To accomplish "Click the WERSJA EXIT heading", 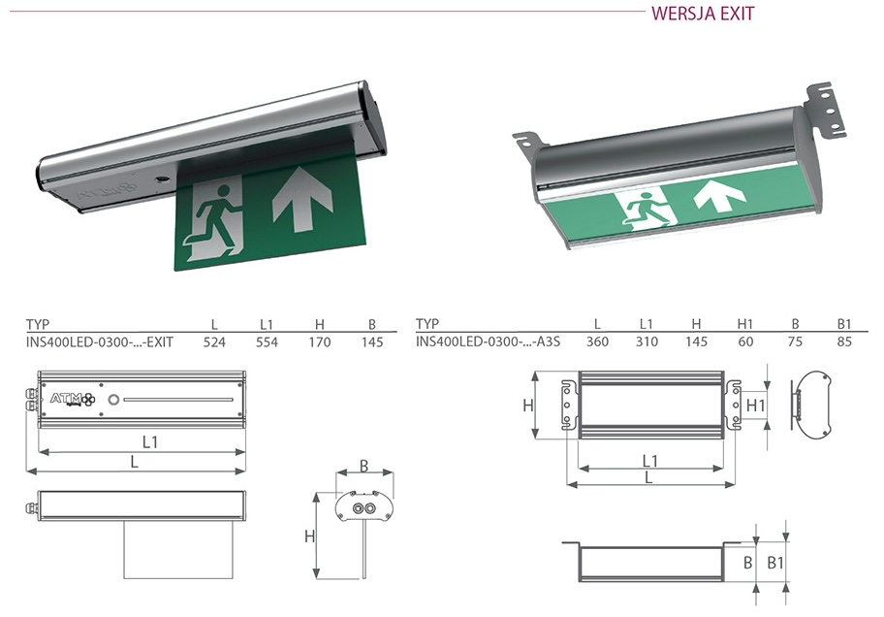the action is pos(703,14).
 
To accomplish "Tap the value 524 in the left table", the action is pos(214,342).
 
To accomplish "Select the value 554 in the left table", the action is pos(267,342).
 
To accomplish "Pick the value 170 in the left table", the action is pos(319,342).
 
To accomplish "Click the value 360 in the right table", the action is pos(597,341).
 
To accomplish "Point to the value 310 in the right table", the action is pos(647,341).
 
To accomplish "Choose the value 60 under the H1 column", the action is pos(745,341).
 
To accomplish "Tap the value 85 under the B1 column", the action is pos(844,341).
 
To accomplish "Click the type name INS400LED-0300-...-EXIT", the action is pos(99,342).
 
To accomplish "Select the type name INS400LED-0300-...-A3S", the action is pos(488,341).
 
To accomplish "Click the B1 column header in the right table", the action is pos(843,324).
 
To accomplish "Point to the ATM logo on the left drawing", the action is pos(73,399).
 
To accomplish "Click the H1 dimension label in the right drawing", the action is pos(755,406).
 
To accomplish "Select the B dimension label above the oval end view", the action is pos(364,466).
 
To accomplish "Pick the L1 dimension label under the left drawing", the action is pos(149,442).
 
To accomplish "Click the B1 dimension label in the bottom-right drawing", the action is pos(775,563).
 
